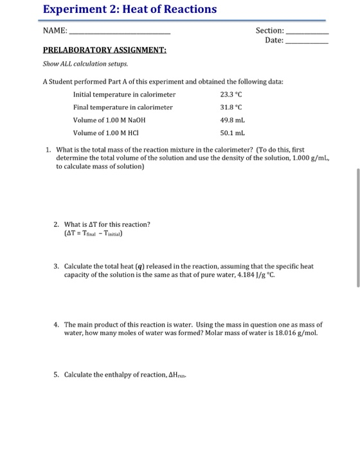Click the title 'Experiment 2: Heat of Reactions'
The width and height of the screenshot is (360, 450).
point(129,10)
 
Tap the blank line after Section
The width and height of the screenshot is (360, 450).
point(307,32)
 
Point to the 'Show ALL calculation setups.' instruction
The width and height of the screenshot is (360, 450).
point(85,64)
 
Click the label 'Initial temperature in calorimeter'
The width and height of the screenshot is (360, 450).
point(124,94)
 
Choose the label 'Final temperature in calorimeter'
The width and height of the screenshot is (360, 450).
point(123,107)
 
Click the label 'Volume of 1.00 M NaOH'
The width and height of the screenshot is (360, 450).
point(109,120)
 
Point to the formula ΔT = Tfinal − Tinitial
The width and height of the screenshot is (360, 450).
point(93,233)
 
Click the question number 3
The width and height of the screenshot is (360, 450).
point(57,265)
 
